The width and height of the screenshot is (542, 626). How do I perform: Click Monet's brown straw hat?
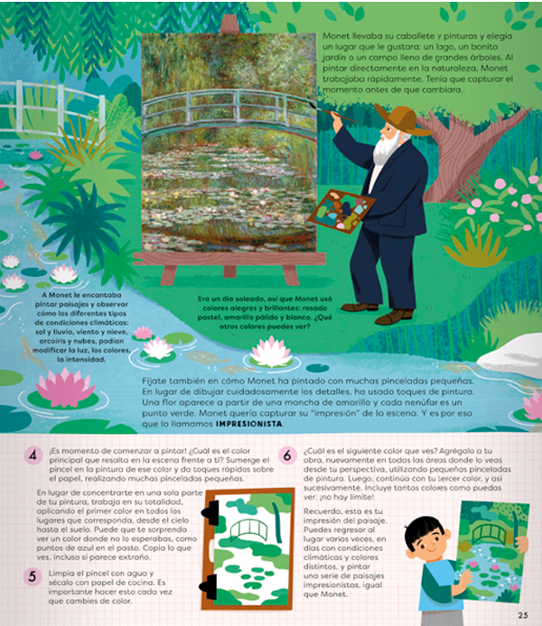pos(402,118)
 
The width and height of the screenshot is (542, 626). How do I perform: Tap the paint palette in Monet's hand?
pos(341,211)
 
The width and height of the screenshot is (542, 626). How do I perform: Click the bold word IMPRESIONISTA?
pos(249,424)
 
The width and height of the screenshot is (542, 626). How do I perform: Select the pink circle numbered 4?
pos(33,456)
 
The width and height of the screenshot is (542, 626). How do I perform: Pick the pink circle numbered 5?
pos(33,576)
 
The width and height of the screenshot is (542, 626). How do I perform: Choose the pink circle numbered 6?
pos(287,456)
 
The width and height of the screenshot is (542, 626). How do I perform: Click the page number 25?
pos(522,615)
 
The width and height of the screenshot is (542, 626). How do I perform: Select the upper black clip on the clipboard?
pos(211,512)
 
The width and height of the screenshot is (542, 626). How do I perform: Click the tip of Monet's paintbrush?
pos(312,105)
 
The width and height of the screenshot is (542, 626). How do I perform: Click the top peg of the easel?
pos(229,24)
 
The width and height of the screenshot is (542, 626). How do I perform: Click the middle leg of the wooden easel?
pos(229,272)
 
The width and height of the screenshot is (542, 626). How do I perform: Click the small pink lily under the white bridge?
pos(35,154)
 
